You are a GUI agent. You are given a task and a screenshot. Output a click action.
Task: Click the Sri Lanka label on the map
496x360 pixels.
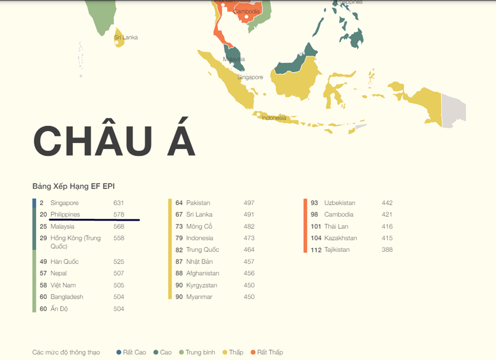tap(126, 37)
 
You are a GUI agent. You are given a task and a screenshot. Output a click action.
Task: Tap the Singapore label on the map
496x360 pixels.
tap(250, 77)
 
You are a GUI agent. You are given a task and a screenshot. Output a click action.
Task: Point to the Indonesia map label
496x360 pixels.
tap(274, 118)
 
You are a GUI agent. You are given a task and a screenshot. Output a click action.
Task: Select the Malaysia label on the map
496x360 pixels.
tap(234, 60)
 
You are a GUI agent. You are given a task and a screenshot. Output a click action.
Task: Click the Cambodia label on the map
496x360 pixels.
tap(247, 12)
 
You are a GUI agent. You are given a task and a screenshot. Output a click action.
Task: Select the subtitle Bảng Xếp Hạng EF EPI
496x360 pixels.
tap(73, 186)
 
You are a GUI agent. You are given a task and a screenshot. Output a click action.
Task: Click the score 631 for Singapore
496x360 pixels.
tap(118, 203)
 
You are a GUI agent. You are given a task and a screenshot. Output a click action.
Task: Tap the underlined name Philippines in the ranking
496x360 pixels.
tap(65, 214)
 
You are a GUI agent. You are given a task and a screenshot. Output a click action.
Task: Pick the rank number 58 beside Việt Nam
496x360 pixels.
tap(43, 285)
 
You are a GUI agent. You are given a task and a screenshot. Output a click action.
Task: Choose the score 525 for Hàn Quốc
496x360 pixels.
tap(118, 261)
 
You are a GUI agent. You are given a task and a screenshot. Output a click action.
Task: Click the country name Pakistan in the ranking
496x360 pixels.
tap(198, 203)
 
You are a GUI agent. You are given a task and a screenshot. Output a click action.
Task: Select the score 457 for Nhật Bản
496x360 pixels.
tap(249, 261)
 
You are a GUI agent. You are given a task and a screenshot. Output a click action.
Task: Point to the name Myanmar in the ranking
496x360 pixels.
tap(199, 297)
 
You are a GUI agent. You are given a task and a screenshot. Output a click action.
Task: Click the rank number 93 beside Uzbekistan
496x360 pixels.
tap(314, 203)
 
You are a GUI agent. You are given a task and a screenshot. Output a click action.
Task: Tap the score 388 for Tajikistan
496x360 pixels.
tap(387, 250)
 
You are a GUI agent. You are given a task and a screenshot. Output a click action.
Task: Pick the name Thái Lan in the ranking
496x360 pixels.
tap(336, 226)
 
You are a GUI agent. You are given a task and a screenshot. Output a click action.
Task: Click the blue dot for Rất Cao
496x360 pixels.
tap(118, 352)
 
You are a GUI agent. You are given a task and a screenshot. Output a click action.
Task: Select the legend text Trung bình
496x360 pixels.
tap(200, 352)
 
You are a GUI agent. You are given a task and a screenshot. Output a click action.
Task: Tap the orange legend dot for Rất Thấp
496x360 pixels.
tap(253, 352)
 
